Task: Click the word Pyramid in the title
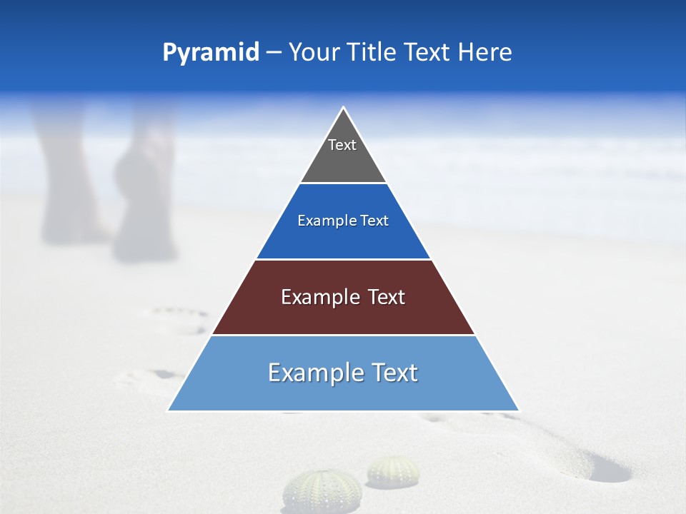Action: click(x=211, y=53)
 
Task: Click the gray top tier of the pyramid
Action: click(x=343, y=161)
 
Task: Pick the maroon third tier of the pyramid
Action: click(x=343, y=314)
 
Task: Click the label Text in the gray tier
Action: click(x=342, y=145)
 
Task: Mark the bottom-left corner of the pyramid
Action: click(x=169, y=410)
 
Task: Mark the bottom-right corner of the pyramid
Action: click(x=519, y=410)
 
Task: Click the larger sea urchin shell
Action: click(x=312, y=491)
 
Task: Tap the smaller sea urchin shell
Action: click(x=393, y=471)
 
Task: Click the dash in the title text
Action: click(x=274, y=53)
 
